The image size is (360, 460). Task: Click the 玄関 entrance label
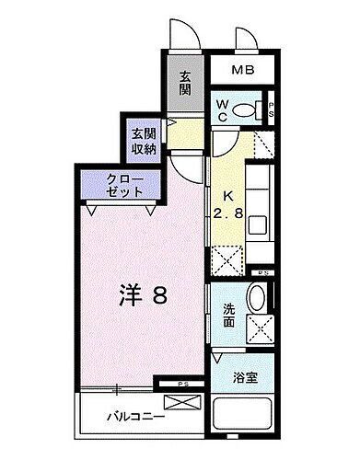(186, 84)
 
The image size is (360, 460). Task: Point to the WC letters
(223, 109)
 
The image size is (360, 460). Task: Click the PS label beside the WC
(271, 109)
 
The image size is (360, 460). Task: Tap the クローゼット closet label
(123, 187)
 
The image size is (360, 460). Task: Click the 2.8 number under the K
(231, 212)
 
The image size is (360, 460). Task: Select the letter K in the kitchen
(230, 194)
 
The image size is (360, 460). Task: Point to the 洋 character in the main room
(129, 295)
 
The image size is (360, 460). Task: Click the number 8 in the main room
(158, 295)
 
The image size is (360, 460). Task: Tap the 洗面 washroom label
(228, 316)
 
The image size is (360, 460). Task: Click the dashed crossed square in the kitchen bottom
(226, 260)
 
